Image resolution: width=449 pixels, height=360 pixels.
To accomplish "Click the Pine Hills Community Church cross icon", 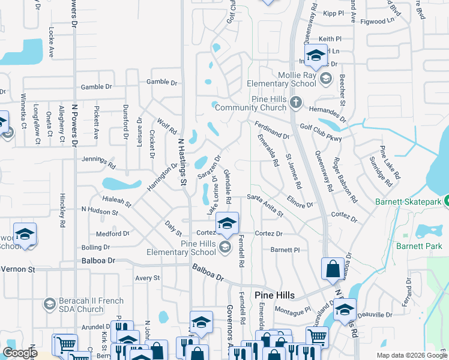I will coord(295,103).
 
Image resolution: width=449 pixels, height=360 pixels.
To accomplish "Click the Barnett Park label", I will coord(418,245).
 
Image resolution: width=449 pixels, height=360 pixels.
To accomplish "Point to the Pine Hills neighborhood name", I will coord(275,295).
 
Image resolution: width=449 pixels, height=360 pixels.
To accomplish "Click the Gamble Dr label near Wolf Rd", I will coord(162,82).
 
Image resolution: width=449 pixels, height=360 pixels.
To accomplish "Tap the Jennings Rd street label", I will coord(99,161).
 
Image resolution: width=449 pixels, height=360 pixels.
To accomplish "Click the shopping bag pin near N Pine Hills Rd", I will coord(333,269).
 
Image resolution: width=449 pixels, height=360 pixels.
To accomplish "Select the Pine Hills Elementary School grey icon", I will coord(224,247).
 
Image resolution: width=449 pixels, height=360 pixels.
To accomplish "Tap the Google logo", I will coord(20,353).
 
